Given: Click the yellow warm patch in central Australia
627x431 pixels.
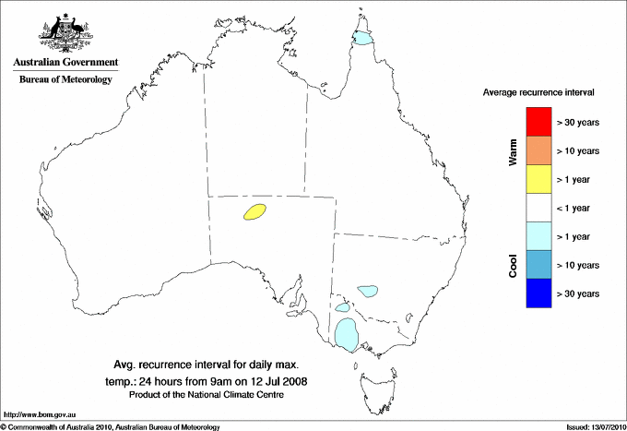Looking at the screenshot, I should click(254, 213).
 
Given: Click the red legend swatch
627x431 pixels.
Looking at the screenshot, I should click(538, 122).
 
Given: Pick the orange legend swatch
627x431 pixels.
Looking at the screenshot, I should click(538, 150).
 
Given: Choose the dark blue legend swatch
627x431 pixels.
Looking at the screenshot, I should click(538, 293).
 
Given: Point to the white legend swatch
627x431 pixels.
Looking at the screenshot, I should click(538, 208).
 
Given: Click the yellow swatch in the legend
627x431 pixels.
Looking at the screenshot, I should click(538, 179).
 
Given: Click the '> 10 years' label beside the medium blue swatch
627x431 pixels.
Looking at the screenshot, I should click(579, 266).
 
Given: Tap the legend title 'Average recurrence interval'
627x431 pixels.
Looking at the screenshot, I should click(538, 93).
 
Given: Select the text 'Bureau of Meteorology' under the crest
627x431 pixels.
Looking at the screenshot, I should click(65, 80).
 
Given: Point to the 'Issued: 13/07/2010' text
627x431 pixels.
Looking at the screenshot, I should click(591, 426).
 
